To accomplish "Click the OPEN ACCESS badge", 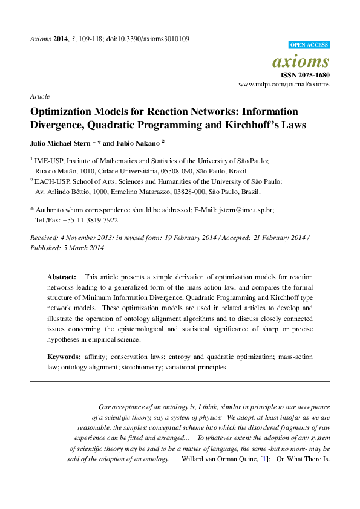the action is point(309,45).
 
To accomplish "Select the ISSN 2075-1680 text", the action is point(305,75).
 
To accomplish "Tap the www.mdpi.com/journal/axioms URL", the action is point(284,85).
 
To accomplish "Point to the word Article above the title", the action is point(39,96).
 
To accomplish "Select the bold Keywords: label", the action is point(64,357).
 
